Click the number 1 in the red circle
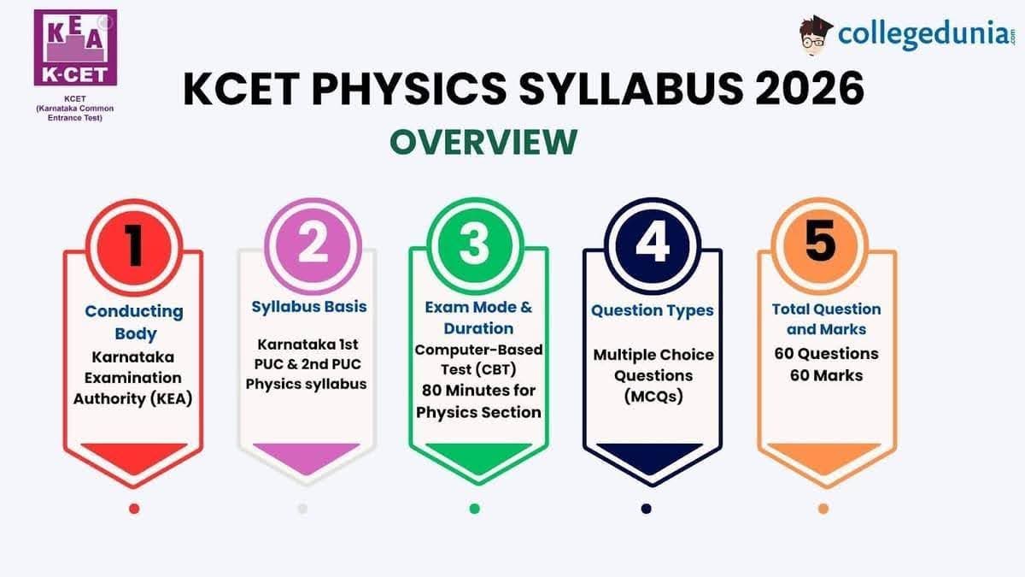point(133,242)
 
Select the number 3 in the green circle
point(474,242)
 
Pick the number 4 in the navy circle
point(652,242)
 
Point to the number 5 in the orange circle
point(822,242)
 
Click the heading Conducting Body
point(134,322)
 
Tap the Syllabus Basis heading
point(309,306)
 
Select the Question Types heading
point(653,310)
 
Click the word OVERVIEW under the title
point(483,142)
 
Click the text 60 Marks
point(826,374)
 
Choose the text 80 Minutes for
point(478,390)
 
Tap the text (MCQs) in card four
point(652,397)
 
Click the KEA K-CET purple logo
point(74,48)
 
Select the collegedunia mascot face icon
point(816,36)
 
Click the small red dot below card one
point(134,509)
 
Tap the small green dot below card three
point(475,509)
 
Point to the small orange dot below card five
point(823,509)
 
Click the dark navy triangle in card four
point(652,458)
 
